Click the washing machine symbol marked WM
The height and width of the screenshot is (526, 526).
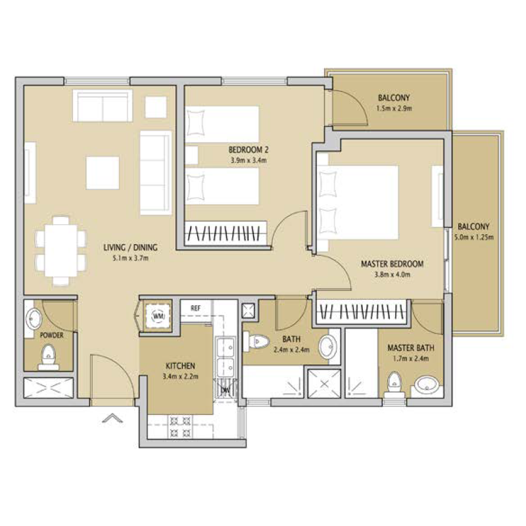[x=158, y=316]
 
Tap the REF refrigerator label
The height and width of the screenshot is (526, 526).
[x=195, y=308]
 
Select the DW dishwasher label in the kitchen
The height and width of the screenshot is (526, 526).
[x=226, y=390]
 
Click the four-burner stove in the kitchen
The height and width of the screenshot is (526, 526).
[x=180, y=426]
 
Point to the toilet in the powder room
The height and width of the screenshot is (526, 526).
[x=49, y=357]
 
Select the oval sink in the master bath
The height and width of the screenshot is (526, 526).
[x=426, y=385]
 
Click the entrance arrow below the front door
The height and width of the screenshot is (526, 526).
[x=112, y=418]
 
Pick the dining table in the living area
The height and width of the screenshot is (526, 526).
[x=61, y=251]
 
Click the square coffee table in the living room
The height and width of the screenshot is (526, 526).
[x=103, y=173]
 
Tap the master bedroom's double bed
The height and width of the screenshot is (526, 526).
[x=358, y=203]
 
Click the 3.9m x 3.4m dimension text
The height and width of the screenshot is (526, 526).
[x=249, y=160]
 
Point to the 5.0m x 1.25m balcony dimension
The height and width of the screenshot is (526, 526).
[x=473, y=237]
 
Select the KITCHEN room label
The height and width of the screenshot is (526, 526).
[x=180, y=366]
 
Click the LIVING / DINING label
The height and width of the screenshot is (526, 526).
[x=130, y=248]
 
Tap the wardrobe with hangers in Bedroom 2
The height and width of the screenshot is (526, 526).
[x=226, y=233]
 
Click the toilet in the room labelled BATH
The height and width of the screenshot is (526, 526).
[x=256, y=341]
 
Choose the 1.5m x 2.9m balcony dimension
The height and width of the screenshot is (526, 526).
[x=394, y=108]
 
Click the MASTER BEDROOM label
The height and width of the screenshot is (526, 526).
[x=392, y=264]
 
